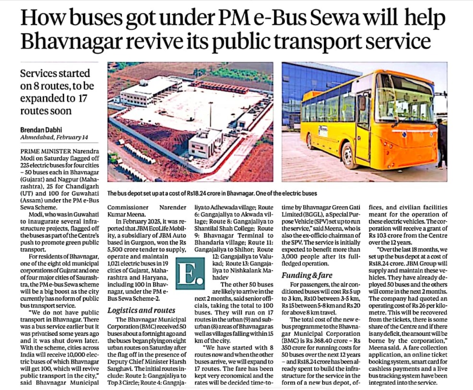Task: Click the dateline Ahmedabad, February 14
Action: pyautogui.click(x=54, y=138)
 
